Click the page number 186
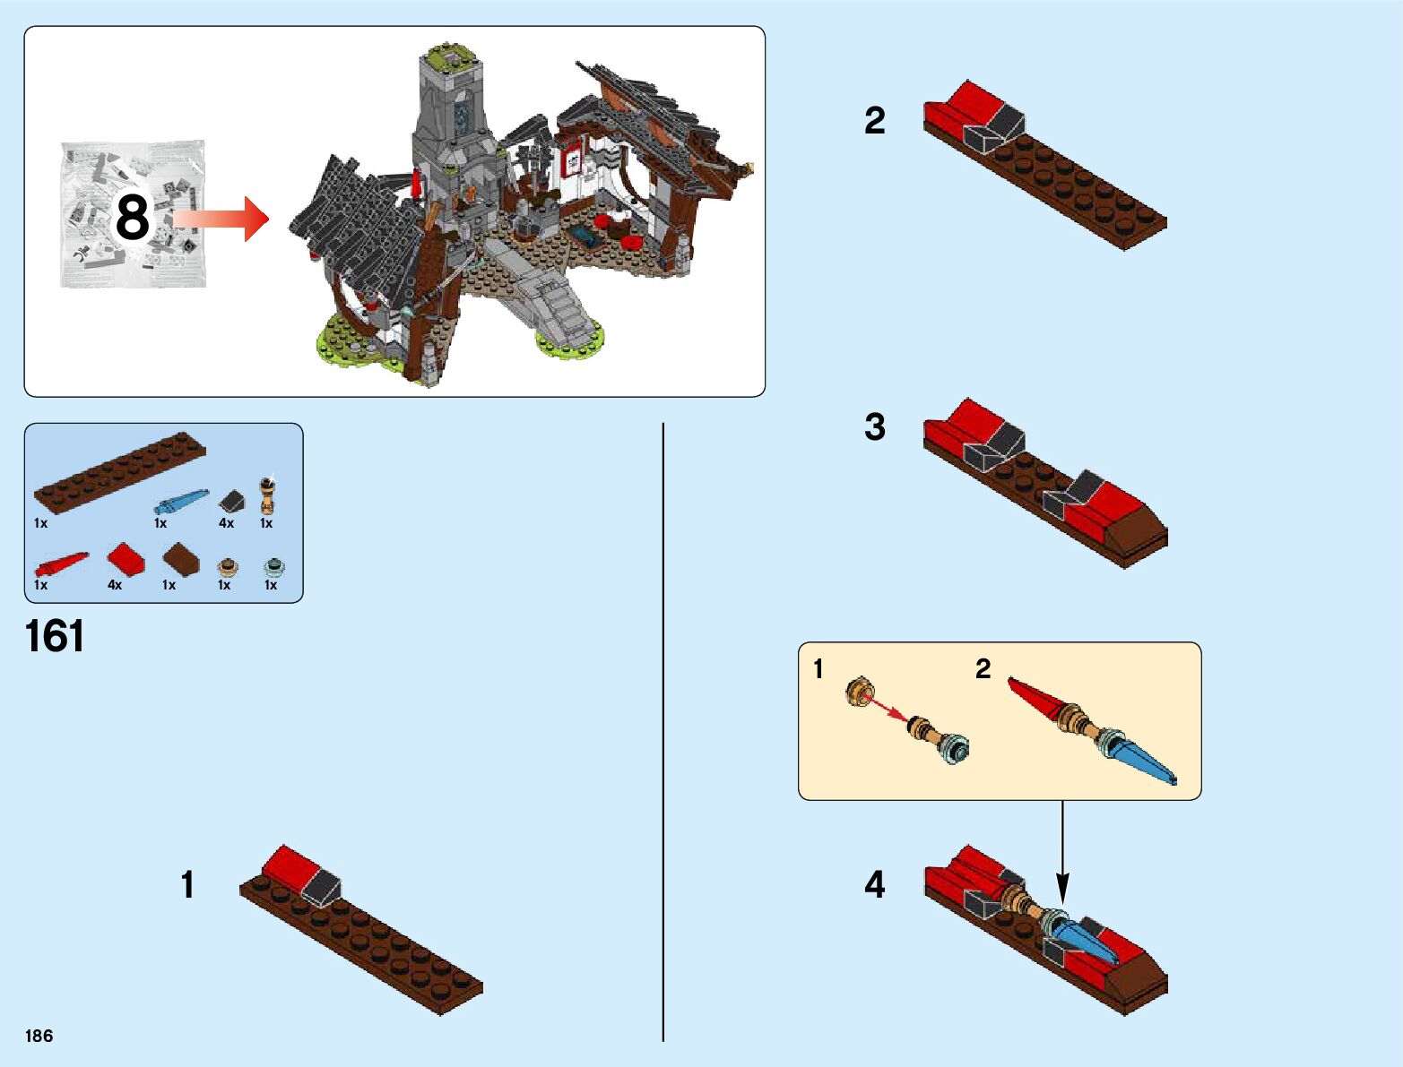(39, 1036)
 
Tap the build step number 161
(56, 636)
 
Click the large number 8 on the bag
(132, 218)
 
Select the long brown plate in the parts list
(119, 472)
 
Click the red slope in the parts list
(126, 559)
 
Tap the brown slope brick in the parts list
(183, 561)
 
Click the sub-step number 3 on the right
(874, 427)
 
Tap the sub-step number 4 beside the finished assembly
(874, 884)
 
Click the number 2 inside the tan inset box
(983, 668)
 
